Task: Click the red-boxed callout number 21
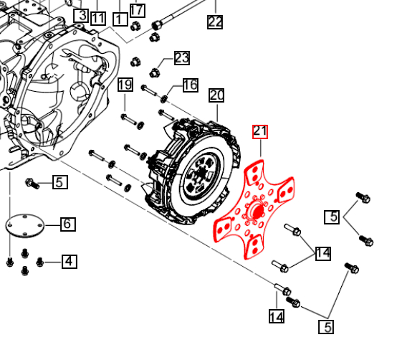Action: pos(259,131)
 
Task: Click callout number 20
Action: pos(217,95)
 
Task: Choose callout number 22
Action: pos(215,22)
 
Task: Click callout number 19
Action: pos(125,85)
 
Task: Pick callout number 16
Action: pos(190,85)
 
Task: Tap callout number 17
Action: pos(137,10)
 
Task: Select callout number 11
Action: pos(98,18)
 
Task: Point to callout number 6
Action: pos(67,224)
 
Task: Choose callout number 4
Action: pos(69,262)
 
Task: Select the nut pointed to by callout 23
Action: pos(154,71)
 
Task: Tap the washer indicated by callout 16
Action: pos(166,98)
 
